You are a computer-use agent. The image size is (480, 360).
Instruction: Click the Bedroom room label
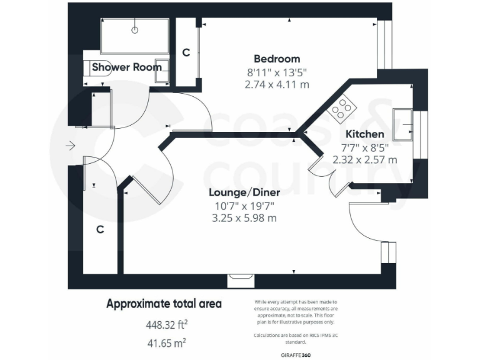pyautogui.click(x=277, y=59)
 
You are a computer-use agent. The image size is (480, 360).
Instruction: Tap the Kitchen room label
pyautogui.click(x=365, y=134)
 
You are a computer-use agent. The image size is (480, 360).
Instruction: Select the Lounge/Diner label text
pyautogui.click(x=244, y=192)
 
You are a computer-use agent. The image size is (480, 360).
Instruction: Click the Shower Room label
pyautogui.click(x=127, y=67)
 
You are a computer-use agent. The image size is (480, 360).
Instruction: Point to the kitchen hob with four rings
pyautogui.click(x=341, y=109)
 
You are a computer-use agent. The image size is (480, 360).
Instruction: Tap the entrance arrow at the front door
pyautogui.click(x=69, y=146)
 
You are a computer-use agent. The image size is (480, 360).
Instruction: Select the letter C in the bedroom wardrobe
pyautogui.click(x=186, y=53)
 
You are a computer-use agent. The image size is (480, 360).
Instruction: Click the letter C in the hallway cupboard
pyautogui.click(x=99, y=229)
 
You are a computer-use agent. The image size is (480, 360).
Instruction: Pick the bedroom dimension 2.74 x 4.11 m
pyautogui.click(x=277, y=83)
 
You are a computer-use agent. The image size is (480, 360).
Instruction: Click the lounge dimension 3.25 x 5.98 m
pyautogui.click(x=244, y=218)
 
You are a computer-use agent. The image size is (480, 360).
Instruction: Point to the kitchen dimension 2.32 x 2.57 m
pyautogui.click(x=365, y=159)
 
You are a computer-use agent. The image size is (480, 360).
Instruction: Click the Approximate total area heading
pyautogui.click(x=164, y=304)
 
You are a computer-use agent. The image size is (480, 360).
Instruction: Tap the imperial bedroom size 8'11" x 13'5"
pyautogui.click(x=277, y=71)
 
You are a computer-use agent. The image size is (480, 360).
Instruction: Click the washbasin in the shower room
pyautogui.click(x=163, y=71)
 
